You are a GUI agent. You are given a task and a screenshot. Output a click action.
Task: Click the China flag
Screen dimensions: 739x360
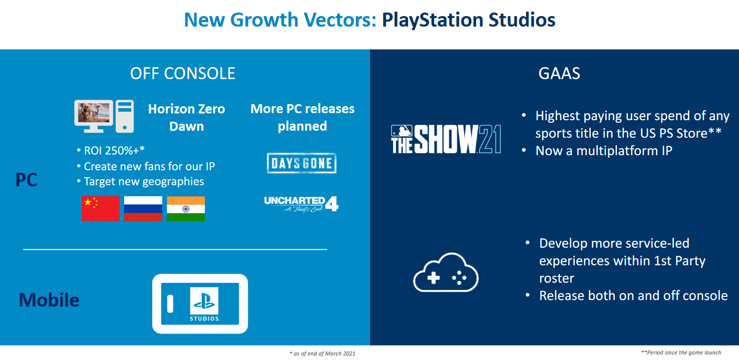[101, 209]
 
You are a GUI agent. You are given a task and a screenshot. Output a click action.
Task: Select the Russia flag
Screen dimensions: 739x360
[143, 209]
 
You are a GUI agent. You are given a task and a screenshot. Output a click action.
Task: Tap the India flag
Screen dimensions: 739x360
[186, 209]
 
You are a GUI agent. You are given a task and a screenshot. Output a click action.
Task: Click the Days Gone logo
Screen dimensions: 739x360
[301, 163]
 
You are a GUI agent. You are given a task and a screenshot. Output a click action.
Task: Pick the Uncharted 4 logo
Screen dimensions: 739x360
[301, 204]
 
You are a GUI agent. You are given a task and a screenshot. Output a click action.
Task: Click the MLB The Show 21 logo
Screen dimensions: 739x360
[446, 139]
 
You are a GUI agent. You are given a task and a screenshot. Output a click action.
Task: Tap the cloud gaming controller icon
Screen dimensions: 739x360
[446, 272]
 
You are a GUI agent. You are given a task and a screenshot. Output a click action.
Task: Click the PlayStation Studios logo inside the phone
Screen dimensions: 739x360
[204, 304]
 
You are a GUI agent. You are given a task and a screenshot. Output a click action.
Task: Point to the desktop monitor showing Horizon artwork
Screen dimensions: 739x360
[94, 116]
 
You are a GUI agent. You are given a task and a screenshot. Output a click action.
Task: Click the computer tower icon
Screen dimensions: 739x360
[125, 116]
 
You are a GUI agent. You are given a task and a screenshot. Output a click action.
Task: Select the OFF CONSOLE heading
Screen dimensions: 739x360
[183, 73]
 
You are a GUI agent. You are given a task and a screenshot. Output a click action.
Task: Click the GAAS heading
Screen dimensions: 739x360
[559, 73]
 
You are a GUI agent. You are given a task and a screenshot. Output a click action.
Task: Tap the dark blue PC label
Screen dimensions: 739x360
[27, 180]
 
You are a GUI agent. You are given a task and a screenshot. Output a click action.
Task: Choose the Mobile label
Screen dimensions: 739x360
[49, 300]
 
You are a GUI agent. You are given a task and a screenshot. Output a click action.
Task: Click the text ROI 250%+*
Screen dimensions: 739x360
[114, 151]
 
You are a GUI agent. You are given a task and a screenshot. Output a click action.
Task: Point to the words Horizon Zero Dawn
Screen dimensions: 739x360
[186, 118]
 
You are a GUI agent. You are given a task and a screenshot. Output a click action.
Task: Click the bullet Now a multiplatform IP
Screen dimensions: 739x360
[604, 151]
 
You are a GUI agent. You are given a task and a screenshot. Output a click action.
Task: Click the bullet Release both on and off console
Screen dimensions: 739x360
[633, 295]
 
